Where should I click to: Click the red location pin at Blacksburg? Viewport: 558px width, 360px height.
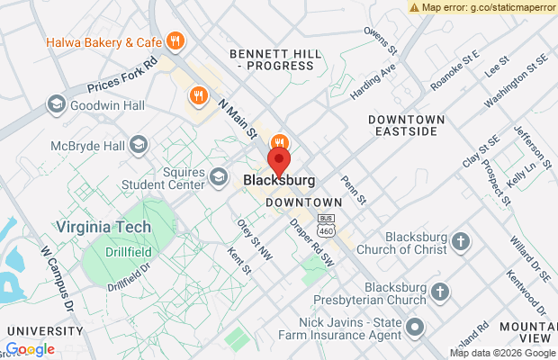pyautogui.click(x=280, y=163)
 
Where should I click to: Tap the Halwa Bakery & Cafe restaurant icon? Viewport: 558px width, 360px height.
pyautogui.click(x=175, y=40)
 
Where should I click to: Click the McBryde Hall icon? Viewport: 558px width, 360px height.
pyautogui.click(x=139, y=143)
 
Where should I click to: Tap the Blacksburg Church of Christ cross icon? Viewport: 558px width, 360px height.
pyautogui.click(x=461, y=240)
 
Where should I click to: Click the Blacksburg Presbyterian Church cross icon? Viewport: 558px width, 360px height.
pyautogui.click(x=439, y=292)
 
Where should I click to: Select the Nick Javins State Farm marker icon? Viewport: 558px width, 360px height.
pyautogui.click(x=415, y=325)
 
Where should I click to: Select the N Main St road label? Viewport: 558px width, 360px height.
pyautogui.click(x=237, y=118)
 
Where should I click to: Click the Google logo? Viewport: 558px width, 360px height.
pyautogui.click(x=30, y=349)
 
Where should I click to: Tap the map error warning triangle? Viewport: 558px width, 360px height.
pyautogui.click(x=414, y=6)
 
